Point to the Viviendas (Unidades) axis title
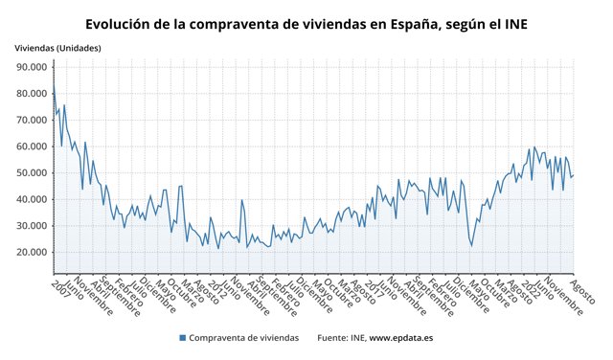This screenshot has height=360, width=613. (x=57, y=48)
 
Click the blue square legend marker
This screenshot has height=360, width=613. (x=181, y=338)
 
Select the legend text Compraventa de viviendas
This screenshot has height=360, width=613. (x=243, y=338)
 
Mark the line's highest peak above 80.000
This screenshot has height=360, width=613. (x=54, y=83)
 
